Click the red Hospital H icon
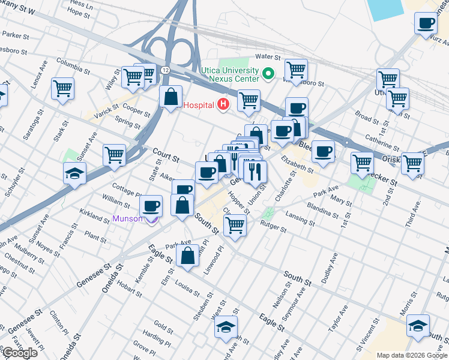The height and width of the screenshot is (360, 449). [x=223, y=105]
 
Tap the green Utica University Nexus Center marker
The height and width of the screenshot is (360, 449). [x=268, y=74]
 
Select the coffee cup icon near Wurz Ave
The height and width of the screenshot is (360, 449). [x=426, y=24]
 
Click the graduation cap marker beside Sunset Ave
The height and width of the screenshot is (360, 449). [x=75, y=174]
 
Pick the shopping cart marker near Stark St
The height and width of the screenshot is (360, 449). [x=62, y=89]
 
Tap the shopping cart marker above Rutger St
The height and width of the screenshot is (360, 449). [x=234, y=226]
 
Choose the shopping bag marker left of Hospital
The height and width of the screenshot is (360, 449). [x=171, y=97]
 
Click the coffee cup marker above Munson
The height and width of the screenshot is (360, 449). [x=151, y=206]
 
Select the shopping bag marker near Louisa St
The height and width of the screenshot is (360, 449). [x=188, y=256]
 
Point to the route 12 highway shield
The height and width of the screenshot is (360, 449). [x=164, y=70]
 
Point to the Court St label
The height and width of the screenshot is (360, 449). [x=166, y=155]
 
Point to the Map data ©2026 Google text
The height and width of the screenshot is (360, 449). [x=411, y=355]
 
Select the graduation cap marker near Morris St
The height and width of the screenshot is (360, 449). [x=418, y=326]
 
